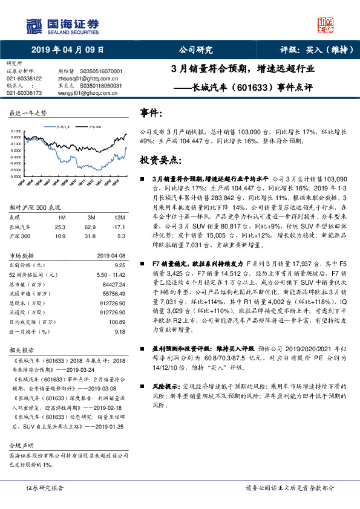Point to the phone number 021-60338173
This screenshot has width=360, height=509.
(24, 93)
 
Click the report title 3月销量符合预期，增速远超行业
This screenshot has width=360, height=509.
(243, 69)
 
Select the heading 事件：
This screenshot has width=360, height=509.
(151, 113)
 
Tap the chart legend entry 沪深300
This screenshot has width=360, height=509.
(94, 128)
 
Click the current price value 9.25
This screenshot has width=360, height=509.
(119, 265)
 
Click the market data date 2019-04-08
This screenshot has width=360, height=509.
(111, 255)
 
